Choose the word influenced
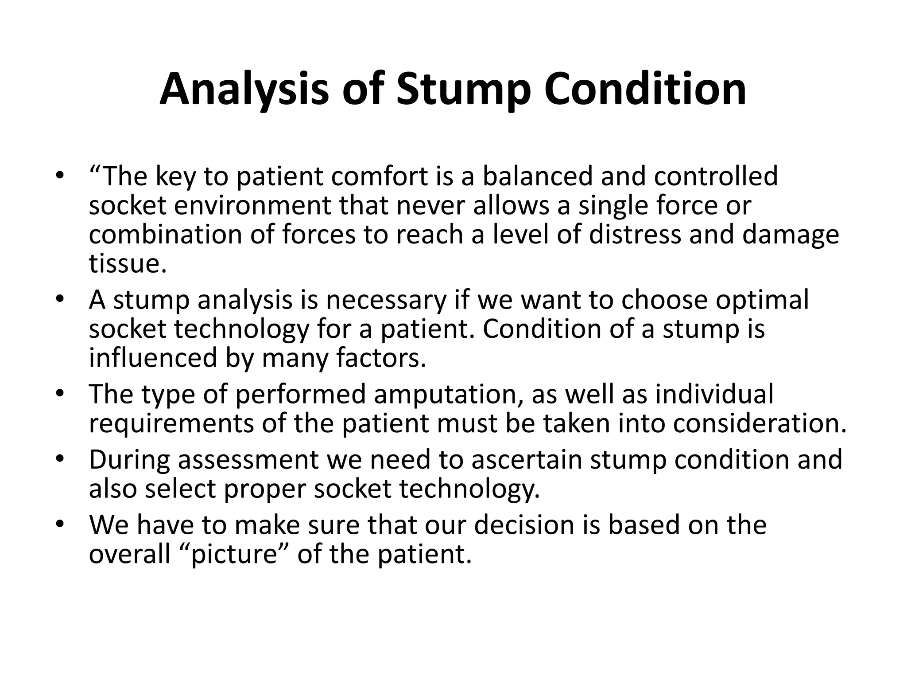[153, 358]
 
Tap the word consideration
[760, 423]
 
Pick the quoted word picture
[234, 554]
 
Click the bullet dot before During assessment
[60, 459]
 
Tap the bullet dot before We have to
[60, 524]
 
